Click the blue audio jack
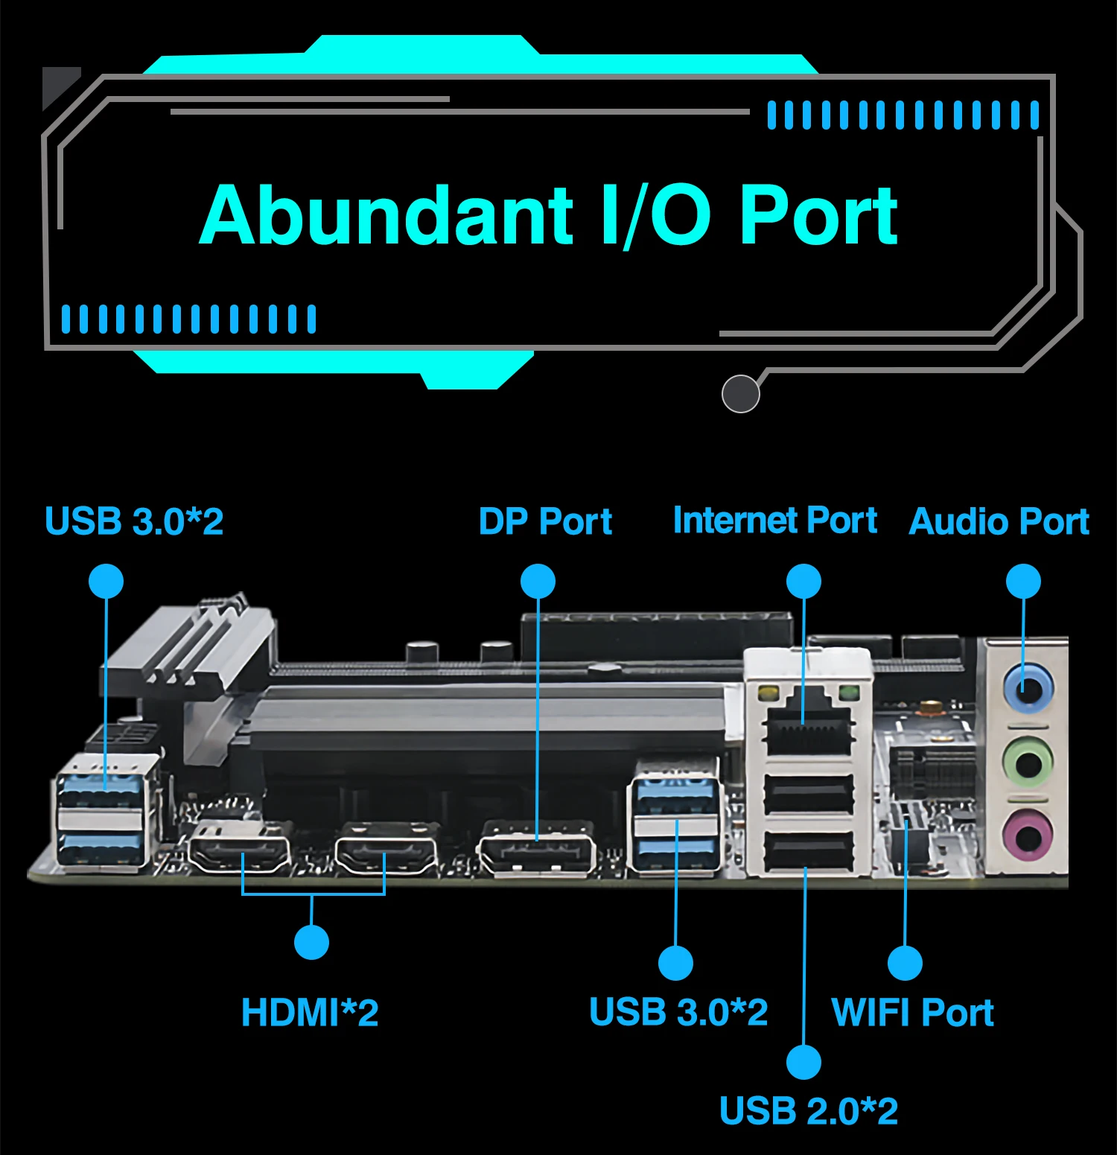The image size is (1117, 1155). pyautogui.click(x=1028, y=689)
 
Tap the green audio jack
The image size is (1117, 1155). pyautogui.click(x=1028, y=763)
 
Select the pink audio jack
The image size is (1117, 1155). pyautogui.click(x=1028, y=836)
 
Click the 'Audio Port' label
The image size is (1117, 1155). pyautogui.click(x=999, y=521)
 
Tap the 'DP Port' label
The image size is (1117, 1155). pyautogui.click(x=545, y=521)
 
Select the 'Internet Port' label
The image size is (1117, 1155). pyautogui.click(x=775, y=520)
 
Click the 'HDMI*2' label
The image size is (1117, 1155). pyautogui.click(x=310, y=1013)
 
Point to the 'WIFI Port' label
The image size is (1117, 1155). pyautogui.click(x=913, y=1013)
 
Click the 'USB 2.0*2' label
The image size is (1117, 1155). pyautogui.click(x=809, y=1111)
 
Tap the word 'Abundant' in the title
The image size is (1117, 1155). pyautogui.click(x=386, y=216)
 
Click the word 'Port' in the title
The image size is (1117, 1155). pyautogui.click(x=819, y=216)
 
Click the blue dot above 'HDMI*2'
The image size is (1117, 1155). pyautogui.click(x=311, y=942)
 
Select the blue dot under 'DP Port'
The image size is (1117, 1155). pyautogui.click(x=538, y=581)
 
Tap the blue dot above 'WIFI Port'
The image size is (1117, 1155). pyautogui.click(x=905, y=963)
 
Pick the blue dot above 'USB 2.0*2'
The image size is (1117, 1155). pyautogui.click(x=804, y=1061)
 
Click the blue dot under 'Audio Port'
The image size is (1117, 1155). pyautogui.click(x=1023, y=581)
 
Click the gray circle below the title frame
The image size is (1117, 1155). pyautogui.click(x=740, y=393)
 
